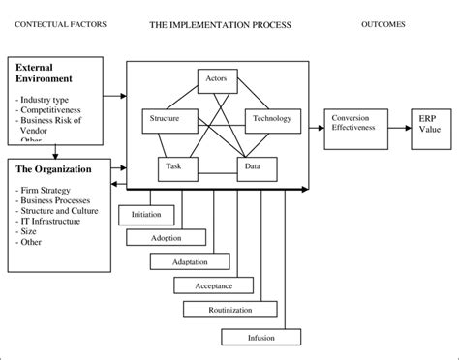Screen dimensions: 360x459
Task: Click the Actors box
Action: [217, 80]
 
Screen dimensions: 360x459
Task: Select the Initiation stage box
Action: [148, 214]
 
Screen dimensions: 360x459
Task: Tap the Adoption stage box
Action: [166, 237]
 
